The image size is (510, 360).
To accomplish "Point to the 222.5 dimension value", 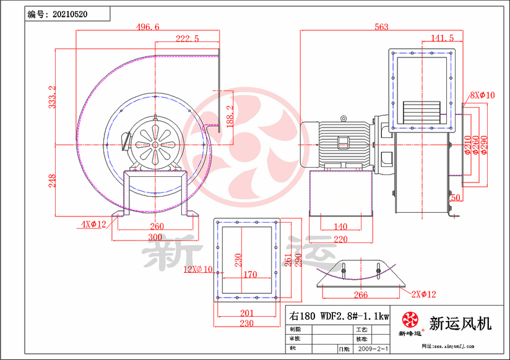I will tap(187, 38).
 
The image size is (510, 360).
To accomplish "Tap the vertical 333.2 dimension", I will tap(53, 97).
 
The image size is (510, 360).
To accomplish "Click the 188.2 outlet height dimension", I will tap(230, 116).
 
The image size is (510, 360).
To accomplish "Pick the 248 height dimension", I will tap(53, 180).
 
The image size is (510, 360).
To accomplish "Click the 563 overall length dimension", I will tap(381, 27).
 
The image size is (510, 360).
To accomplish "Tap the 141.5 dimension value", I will tap(442, 38).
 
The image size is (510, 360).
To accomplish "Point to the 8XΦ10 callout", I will tap(483, 95).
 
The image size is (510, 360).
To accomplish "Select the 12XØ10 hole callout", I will tap(197, 269).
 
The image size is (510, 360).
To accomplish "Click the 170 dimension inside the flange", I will tap(249, 275).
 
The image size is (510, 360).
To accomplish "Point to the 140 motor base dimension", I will tap(340, 226).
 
